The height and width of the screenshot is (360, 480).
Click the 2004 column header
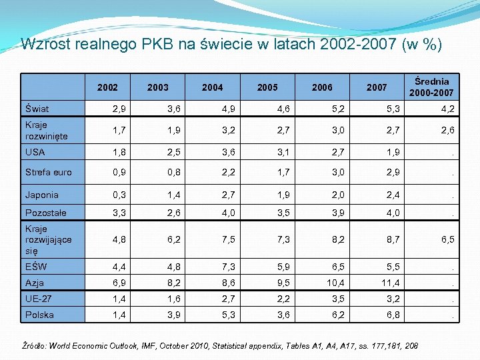(x=213, y=87)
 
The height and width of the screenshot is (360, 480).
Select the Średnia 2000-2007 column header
(x=431, y=87)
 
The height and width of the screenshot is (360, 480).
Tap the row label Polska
(x=39, y=314)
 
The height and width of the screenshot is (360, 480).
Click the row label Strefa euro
(x=48, y=172)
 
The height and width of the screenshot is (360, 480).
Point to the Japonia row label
(x=42, y=195)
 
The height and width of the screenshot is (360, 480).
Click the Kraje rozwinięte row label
(x=47, y=130)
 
